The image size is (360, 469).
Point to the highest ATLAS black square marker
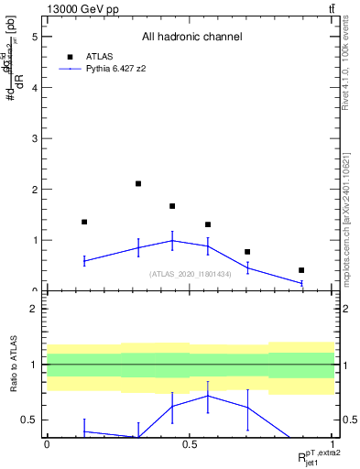point(138,184)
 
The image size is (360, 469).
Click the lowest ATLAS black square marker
point(301,270)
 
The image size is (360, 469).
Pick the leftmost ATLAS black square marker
point(84,222)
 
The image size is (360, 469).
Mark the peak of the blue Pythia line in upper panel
point(172,241)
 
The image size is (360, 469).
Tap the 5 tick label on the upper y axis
point(34,38)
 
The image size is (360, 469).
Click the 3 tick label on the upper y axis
point(34,139)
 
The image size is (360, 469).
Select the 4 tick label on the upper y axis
point(34,89)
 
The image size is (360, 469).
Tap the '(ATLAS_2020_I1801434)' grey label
point(191,274)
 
